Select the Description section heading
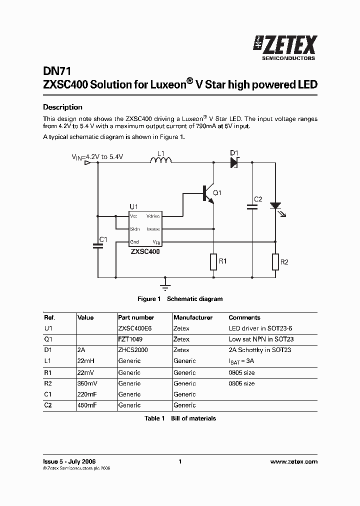click(62, 107)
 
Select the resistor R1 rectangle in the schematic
click(213, 261)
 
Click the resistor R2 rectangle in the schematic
click(275, 261)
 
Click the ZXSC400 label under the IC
click(145, 252)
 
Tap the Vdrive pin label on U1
click(152, 216)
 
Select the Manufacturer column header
click(192, 317)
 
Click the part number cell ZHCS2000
click(132, 350)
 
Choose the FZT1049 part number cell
click(129, 339)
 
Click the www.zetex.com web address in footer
click(293, 461)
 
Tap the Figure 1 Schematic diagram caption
click(180, 299)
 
